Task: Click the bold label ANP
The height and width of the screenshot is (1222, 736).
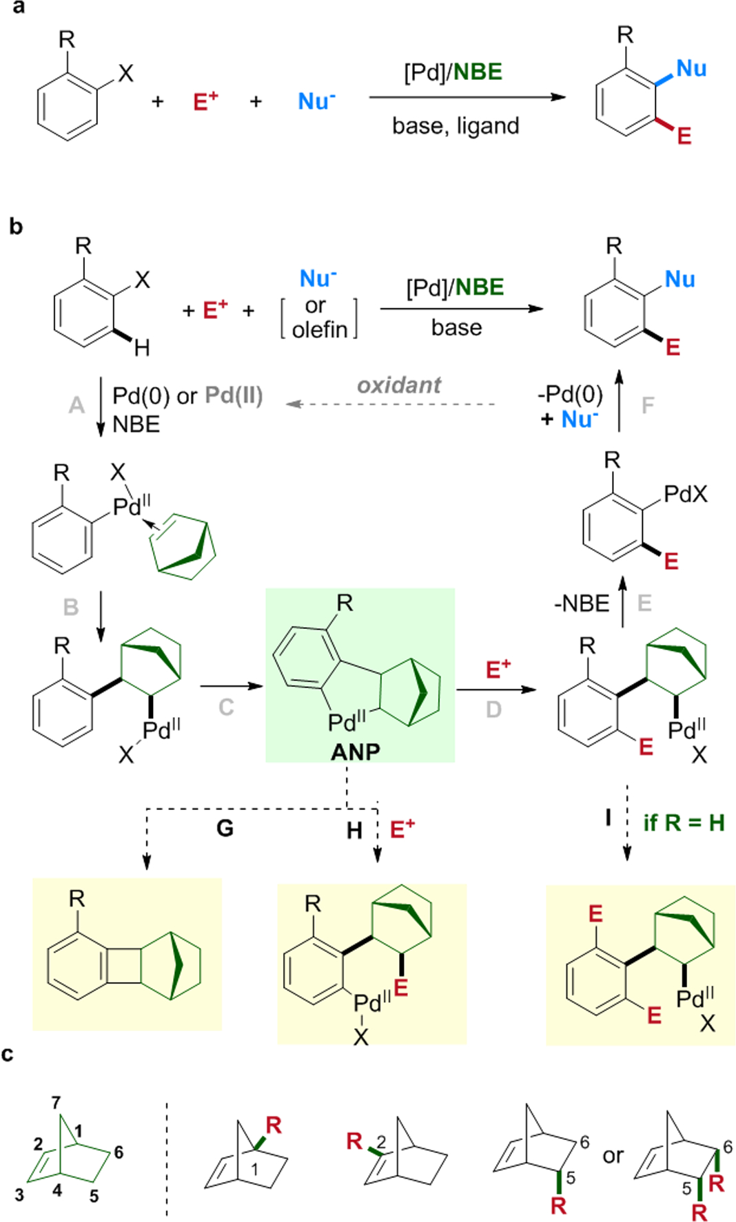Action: pyautogui.click(x=355, y=751)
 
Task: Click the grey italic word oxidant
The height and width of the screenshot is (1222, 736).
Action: pyautogui.click(x=399, y=385)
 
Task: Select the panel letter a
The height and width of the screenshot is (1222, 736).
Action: pyautogui.click(x=19, y=8)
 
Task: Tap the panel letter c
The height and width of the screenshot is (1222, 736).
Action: pyautogui.click(x=8, y=1055)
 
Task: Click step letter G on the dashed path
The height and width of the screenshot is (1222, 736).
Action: pyautogui.click(x=225, y=827)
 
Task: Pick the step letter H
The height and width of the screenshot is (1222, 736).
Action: pyautogui.click(x=354, y=831)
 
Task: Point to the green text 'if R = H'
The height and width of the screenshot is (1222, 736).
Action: pyautogui.click(x=683, y=822)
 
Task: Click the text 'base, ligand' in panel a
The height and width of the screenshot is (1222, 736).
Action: pyautogui.click(x=456, y=125)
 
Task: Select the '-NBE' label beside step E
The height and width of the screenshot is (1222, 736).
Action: pyautogui.click(x=582, y=603)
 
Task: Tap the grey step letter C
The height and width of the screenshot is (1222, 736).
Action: pyautogui.click(x=226, y=707)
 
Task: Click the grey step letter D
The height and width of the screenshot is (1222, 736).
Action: pyautogui.click(x=493, y=709)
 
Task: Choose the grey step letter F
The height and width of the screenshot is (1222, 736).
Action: pyautogui.click(x=648, y=405)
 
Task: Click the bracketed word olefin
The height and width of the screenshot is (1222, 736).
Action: pyautogui.click(x=319, y=330)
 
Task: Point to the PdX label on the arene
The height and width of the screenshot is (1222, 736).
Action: pyautogui.click(x=685, y=493)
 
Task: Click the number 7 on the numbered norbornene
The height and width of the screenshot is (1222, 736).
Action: pyautogui.click(x=56, y=1103)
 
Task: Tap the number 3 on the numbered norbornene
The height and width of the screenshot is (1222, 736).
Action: pyautogui.click(x=19, y=1194)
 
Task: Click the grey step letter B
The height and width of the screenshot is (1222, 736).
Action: pyautogui.click(x=70, y=607)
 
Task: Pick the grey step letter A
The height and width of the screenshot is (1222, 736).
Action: pyautogui.click(x=76, y=404)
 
